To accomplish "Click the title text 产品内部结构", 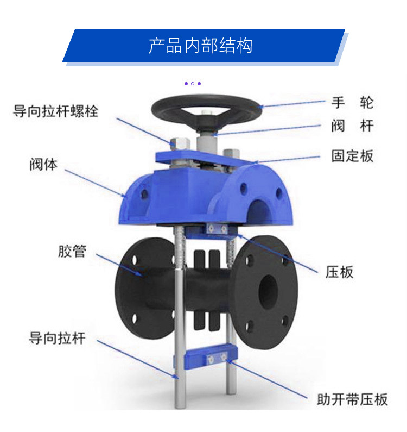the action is coord(200,46).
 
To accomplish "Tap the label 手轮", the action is coord(353,103).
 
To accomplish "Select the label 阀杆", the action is coord(353,126).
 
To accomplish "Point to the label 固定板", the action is coord(353,155).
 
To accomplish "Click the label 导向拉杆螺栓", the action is coord(55,111).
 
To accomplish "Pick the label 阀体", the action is coord(43,164).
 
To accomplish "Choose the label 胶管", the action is coord(72,251).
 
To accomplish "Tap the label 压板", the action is coord(339,272).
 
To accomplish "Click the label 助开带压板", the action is coord(352,399).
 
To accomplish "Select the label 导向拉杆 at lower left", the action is coord(57,338).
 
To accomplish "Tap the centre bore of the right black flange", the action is coord(268,292).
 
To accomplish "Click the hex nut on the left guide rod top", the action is coord(180,143).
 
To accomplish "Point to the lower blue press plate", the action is coord(211,358).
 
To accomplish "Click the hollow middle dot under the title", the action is coord(193,84).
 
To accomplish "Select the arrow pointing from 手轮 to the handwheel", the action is coord(292,104).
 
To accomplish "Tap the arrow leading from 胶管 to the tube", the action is coord(120,265).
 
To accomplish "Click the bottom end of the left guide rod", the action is coord(180,407).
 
